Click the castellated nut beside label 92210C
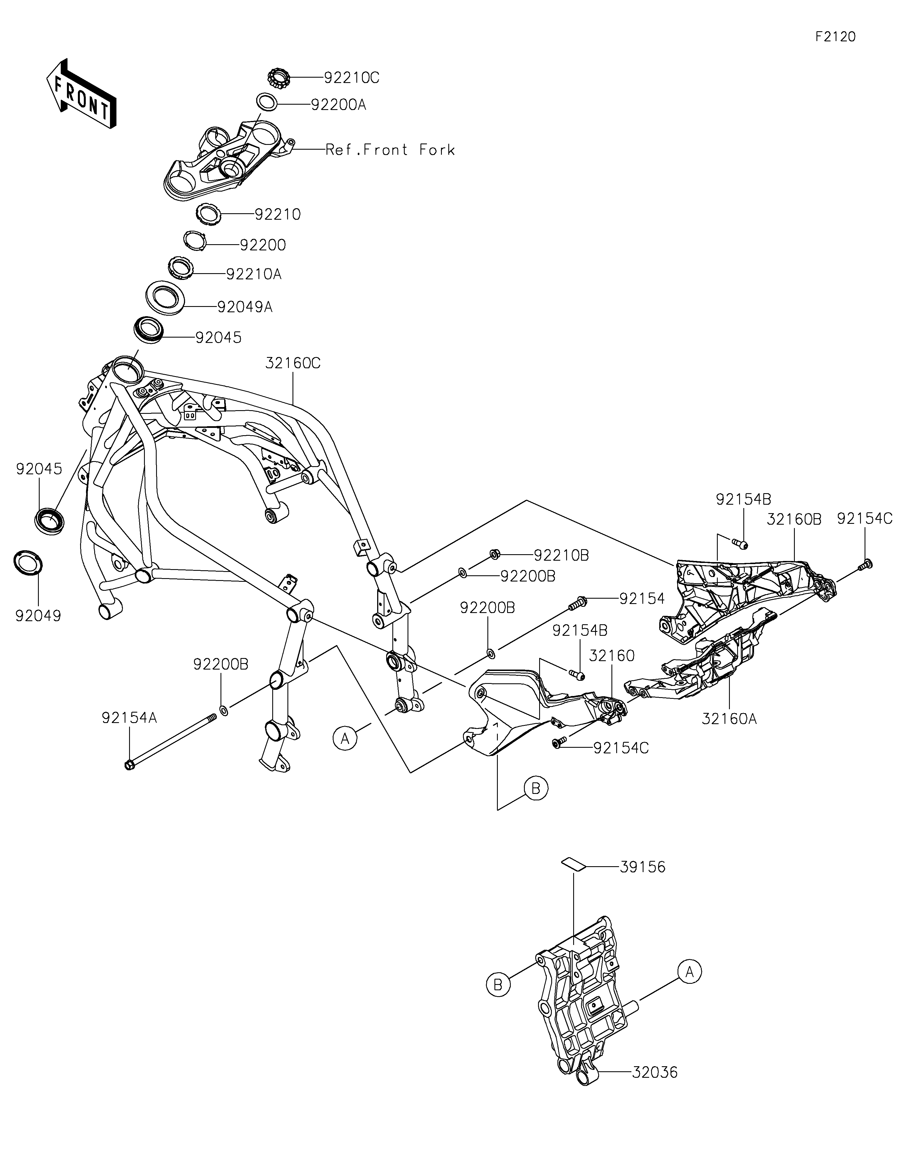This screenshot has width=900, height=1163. tap(278, 78)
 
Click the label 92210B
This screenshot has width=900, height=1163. tap(561, 555)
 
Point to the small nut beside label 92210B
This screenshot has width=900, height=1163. tap(494, 554)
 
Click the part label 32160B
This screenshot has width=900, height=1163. tap(794, 519)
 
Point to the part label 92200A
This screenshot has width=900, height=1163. tap(339, 105)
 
